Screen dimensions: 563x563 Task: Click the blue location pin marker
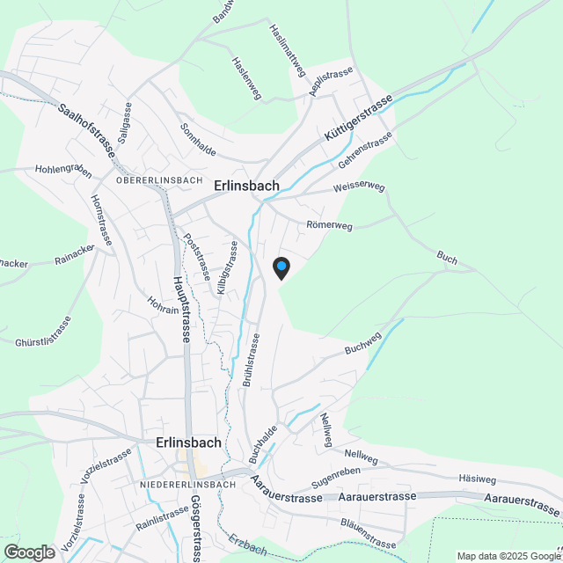pos(281,267)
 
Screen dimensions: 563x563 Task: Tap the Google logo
pos(29,552)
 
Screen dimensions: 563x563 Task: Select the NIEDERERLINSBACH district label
pos(186,485)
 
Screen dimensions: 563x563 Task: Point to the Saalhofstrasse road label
pos(87,130)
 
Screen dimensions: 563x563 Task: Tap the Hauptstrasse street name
pos(184,308)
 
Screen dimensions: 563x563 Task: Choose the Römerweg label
pos(329,225)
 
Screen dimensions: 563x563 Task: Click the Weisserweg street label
pos(359,187)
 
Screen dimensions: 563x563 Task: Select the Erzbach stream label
pos(246,545)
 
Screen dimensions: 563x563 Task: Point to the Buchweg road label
pos(362,344)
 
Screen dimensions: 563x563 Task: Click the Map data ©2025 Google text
pos(508,555)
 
